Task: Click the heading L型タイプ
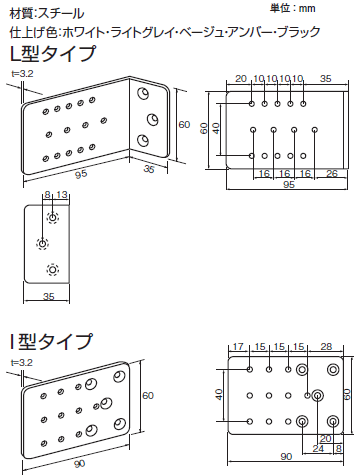tap(53, 54)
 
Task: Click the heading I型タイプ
tap(51, 341)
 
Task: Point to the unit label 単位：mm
tap(292, 8)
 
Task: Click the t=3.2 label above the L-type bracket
tap(23, 74)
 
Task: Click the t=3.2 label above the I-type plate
tap(22, 362)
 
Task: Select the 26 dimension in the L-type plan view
tap(332, 173)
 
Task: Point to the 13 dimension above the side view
tap(62, 195)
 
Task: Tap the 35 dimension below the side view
tap(49, 296)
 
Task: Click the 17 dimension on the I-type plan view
tap(238, 347)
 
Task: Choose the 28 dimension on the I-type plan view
tap(326, 347)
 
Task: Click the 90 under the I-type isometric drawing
tap(79, 464)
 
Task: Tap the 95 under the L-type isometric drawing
tap(81, 174)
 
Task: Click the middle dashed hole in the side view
tap(42, 244)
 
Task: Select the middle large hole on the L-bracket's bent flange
tap(153, 119)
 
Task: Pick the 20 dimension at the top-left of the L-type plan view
tap(241, 79)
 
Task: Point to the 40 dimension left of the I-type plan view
tap(219, 395)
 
